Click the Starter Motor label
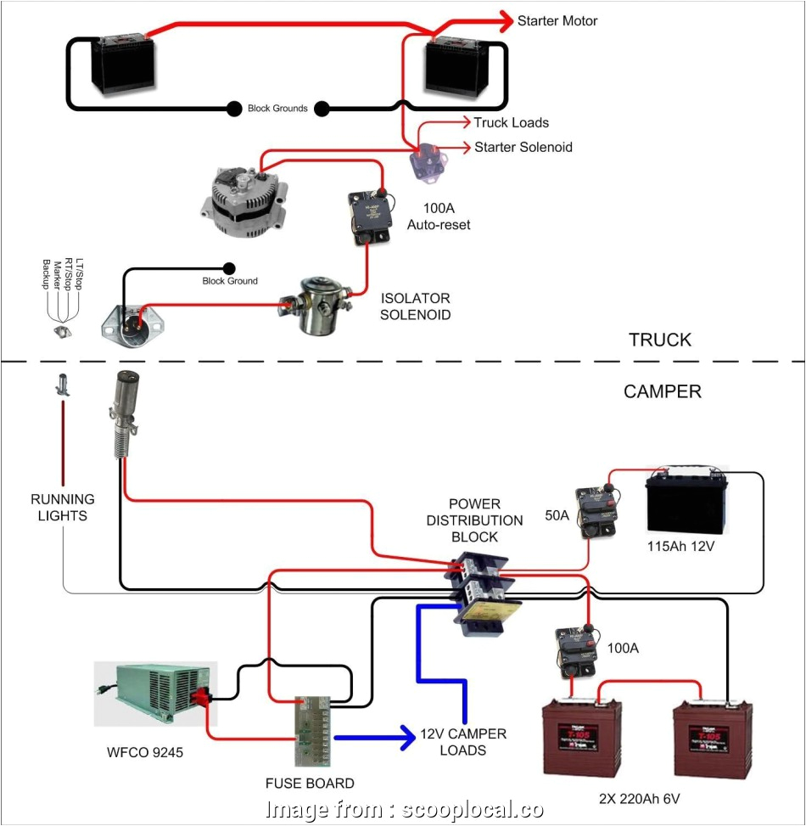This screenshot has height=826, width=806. click(x=557, y=20)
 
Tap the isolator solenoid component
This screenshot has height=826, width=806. click(x=307, y=305)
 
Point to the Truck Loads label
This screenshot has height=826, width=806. click(x=511, y=123)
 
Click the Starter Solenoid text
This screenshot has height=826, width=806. click(x=523, y=147)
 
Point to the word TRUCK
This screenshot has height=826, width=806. click(x=659, y=340)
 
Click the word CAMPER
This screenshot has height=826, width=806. click(x=662, y=391)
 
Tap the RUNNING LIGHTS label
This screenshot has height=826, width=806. click(x=63, y=507)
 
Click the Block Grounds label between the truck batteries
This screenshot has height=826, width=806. click(x=277, y=109)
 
